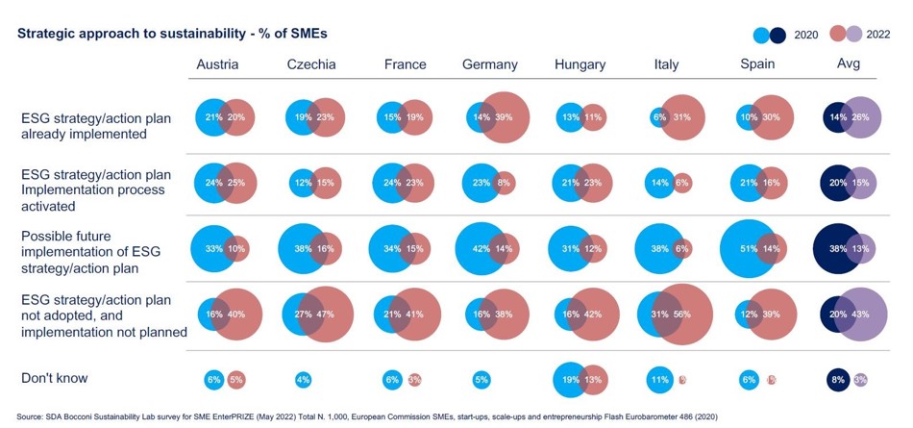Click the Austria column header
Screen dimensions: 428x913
[217, 64]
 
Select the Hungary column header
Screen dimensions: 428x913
[580, 64]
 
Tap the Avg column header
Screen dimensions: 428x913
[849, 63]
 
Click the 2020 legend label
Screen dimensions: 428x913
[806, 35]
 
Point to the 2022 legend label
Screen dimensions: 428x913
[878, 35]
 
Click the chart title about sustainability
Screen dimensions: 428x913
[172, 34]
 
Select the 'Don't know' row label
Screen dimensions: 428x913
[55, 378]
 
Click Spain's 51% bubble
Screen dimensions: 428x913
[750, 248]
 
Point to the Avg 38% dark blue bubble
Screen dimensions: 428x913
[837, 248]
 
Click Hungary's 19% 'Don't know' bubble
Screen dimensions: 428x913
[569, 380]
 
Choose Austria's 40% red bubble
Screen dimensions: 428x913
[235, 315]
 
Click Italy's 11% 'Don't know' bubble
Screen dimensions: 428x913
[659, 380]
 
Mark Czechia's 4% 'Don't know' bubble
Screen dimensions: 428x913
[303, 380]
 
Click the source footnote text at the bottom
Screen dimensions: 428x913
[365, 416]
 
